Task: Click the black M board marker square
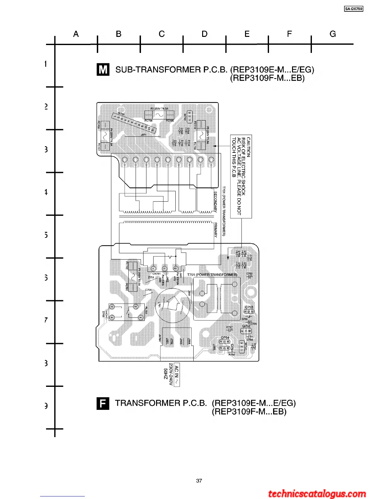pos(103,69)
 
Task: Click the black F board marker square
pos(103,403)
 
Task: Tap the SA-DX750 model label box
pos(354,9)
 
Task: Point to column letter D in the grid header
pos(205,34)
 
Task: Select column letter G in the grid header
pos(333,34)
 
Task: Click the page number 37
pos(199,480)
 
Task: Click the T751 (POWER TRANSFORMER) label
pos(212,275)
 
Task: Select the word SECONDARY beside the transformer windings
pos(216,202)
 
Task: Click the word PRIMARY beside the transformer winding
pos(216,230)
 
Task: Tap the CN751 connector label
pos(156,274)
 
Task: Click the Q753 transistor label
pos(249,307)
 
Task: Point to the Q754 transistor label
pos(225,338)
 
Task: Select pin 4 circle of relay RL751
pos(112,318)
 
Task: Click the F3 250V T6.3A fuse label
pos(159,109)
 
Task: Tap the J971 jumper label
pos(143,135)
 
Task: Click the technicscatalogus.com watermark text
pos(317,493)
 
